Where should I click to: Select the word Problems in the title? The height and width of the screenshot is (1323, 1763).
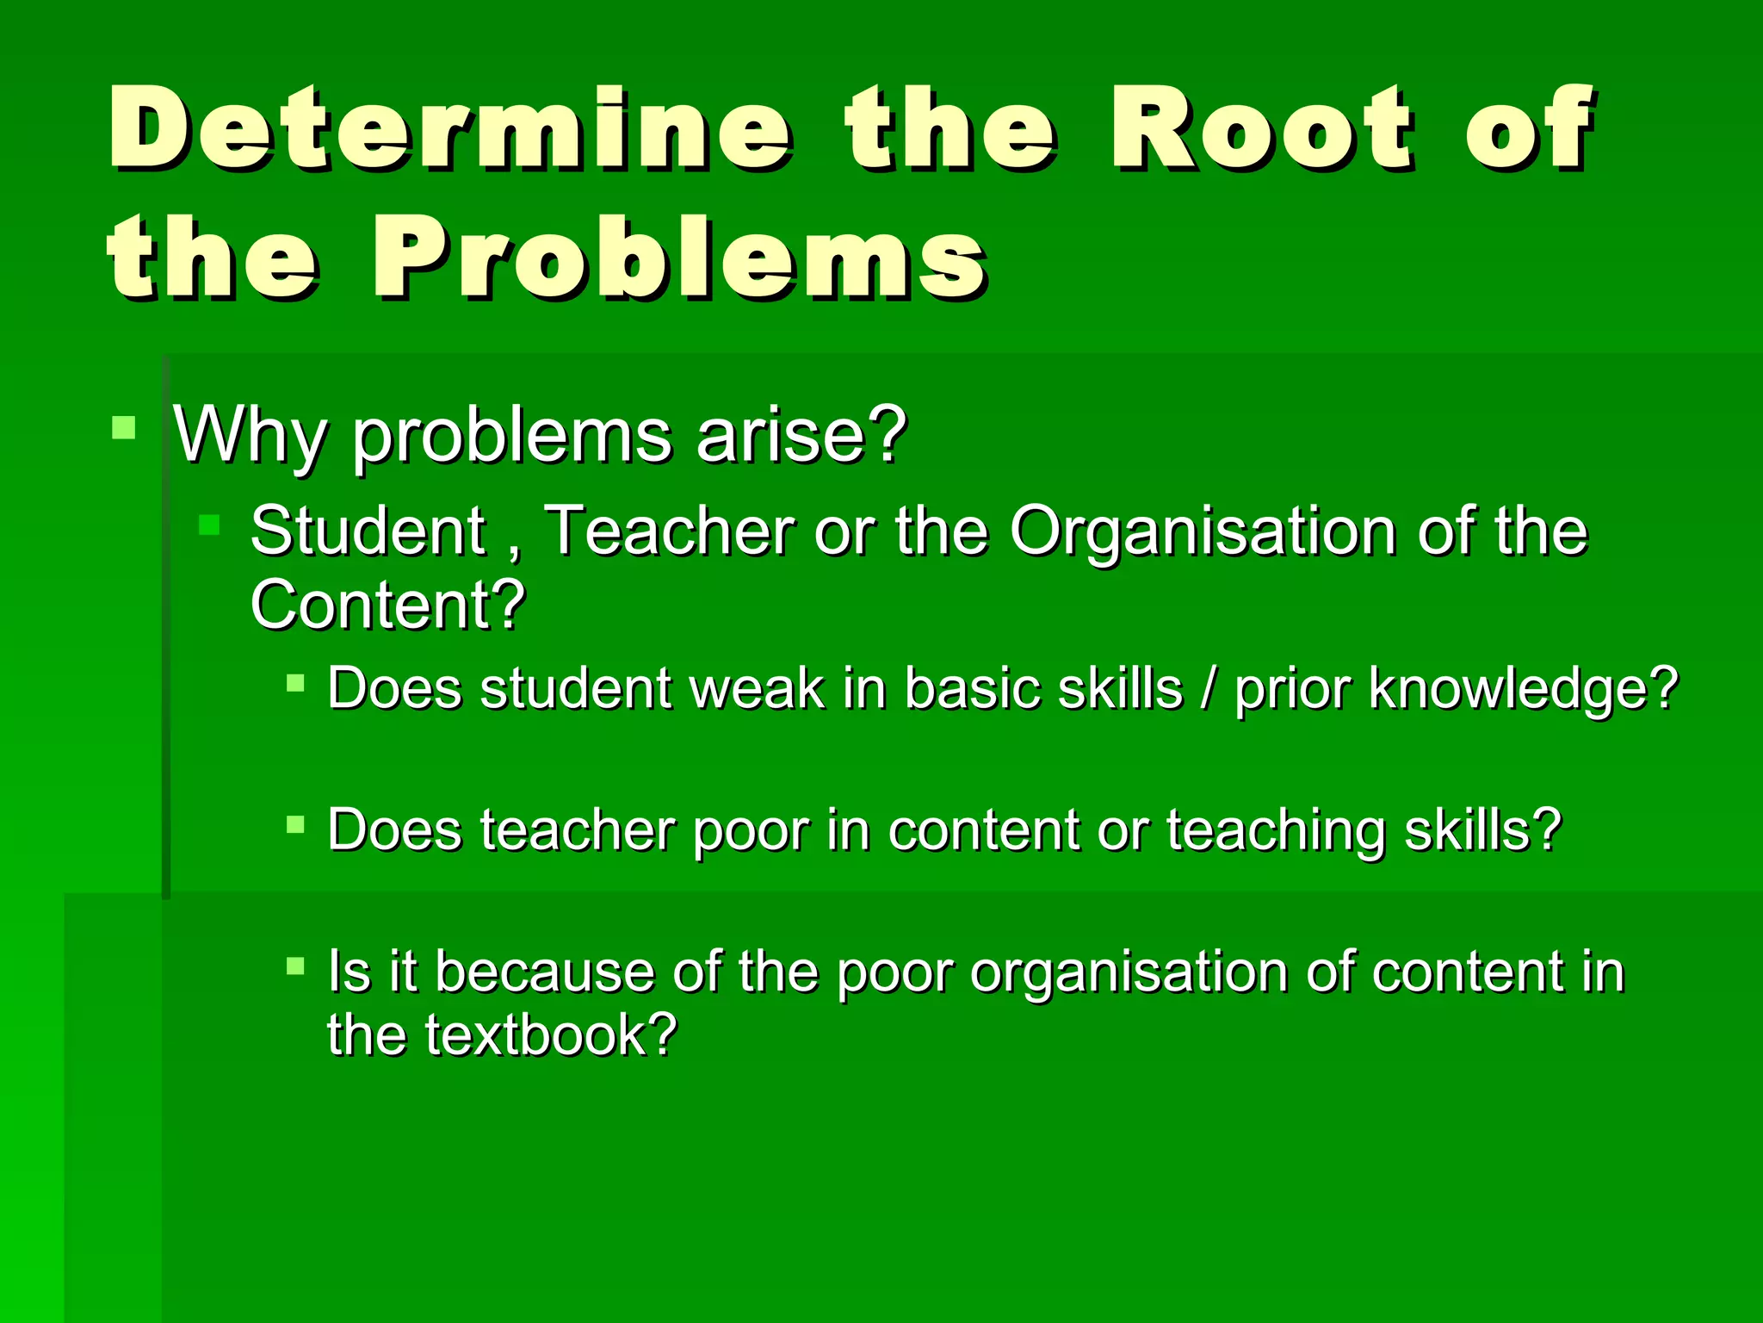click(x=680, y=258)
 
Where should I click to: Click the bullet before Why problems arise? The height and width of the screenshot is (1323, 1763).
click(x=124, y=427)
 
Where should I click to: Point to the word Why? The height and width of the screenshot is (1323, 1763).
click(x=251, y=435)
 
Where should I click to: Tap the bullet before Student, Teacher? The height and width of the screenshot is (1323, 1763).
click(x=209, y=524)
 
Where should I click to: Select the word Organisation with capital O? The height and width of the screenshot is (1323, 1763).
click(x=1202, y=531)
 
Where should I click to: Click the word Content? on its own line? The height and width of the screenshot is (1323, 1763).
click(x=388, y=605)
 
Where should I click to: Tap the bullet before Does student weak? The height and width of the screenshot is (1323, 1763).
click(x=295, y=683)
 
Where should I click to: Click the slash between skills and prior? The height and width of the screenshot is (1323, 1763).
click(x=1209, y=689)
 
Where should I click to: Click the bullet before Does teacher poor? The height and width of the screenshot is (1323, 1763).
click(x=295, y=824)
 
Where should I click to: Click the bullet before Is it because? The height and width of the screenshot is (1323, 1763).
click(x=295, y=966)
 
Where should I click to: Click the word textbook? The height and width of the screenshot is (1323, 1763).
click(x=551, y=1034)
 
